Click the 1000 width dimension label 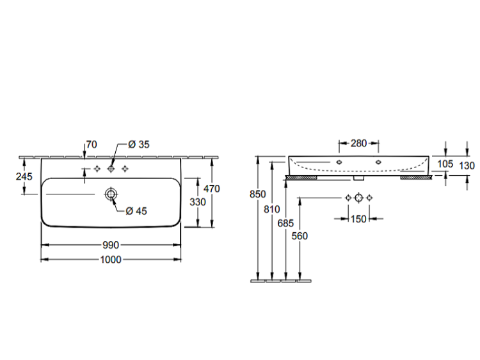coord(111,260)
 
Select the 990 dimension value coord(111,245)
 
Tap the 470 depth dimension coord(212,189)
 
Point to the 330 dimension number coord(198,202)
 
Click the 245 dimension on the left coord(24,176)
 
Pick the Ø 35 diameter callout coord(139,145)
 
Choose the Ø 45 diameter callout coord(136,211)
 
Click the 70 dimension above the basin coord(92,145)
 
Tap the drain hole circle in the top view coord(111,194)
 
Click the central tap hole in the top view coord(111,169)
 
